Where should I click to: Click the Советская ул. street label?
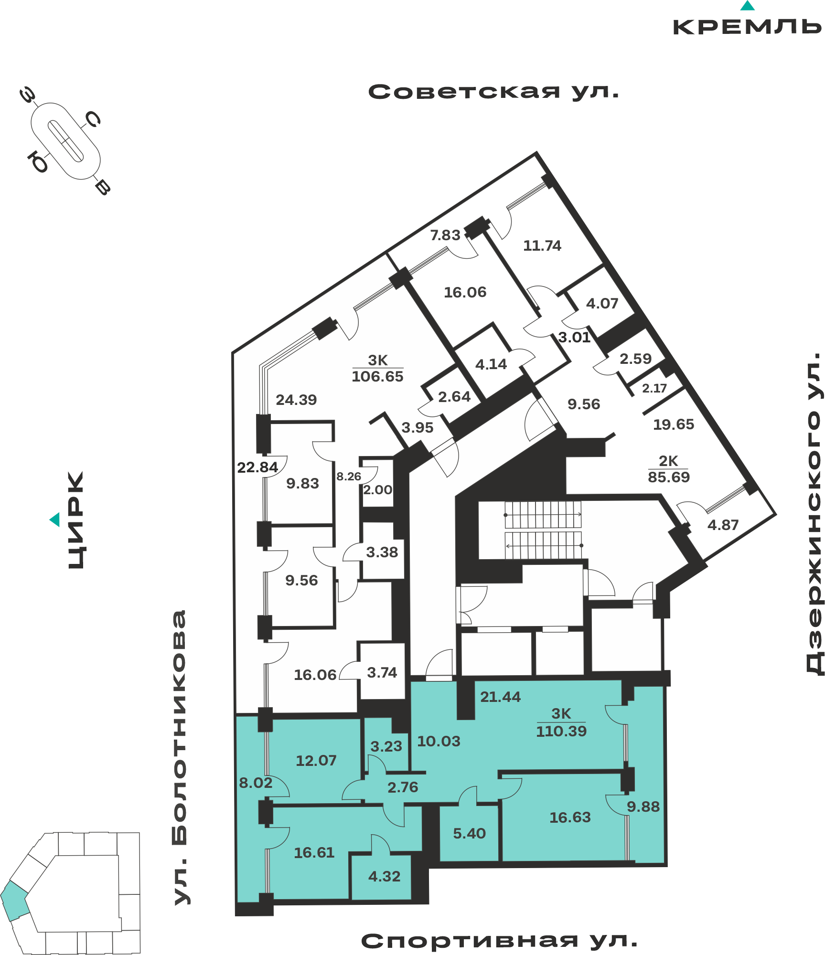pos(493,91)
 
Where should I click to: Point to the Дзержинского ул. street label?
pos(814,513)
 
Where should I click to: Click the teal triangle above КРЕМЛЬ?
pos(747,6)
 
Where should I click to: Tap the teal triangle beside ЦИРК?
pos(55,520)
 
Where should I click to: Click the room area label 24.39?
pos(296,400)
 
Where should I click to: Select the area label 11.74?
pos(542,245)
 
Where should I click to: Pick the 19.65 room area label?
pos(674,424)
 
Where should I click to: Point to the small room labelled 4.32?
pos(385,876)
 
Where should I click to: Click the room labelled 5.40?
pos(469,833)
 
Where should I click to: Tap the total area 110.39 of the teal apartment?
pos(561,731)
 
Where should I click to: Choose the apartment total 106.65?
pos(377,376)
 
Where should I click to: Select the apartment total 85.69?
pos(669,477)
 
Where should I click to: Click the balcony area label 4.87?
pos(723,525)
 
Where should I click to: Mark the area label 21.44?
pos(500,697)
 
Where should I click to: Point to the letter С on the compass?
pos(92,119)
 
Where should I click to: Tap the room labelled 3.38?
pos(382,552)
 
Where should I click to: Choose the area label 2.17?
pos(654,388)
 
